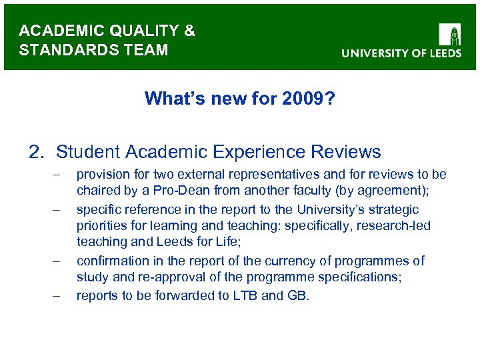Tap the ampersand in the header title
click(x=189, y=31)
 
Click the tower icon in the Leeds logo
click(x=449, y=35)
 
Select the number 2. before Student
click(x=37, y=152)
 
